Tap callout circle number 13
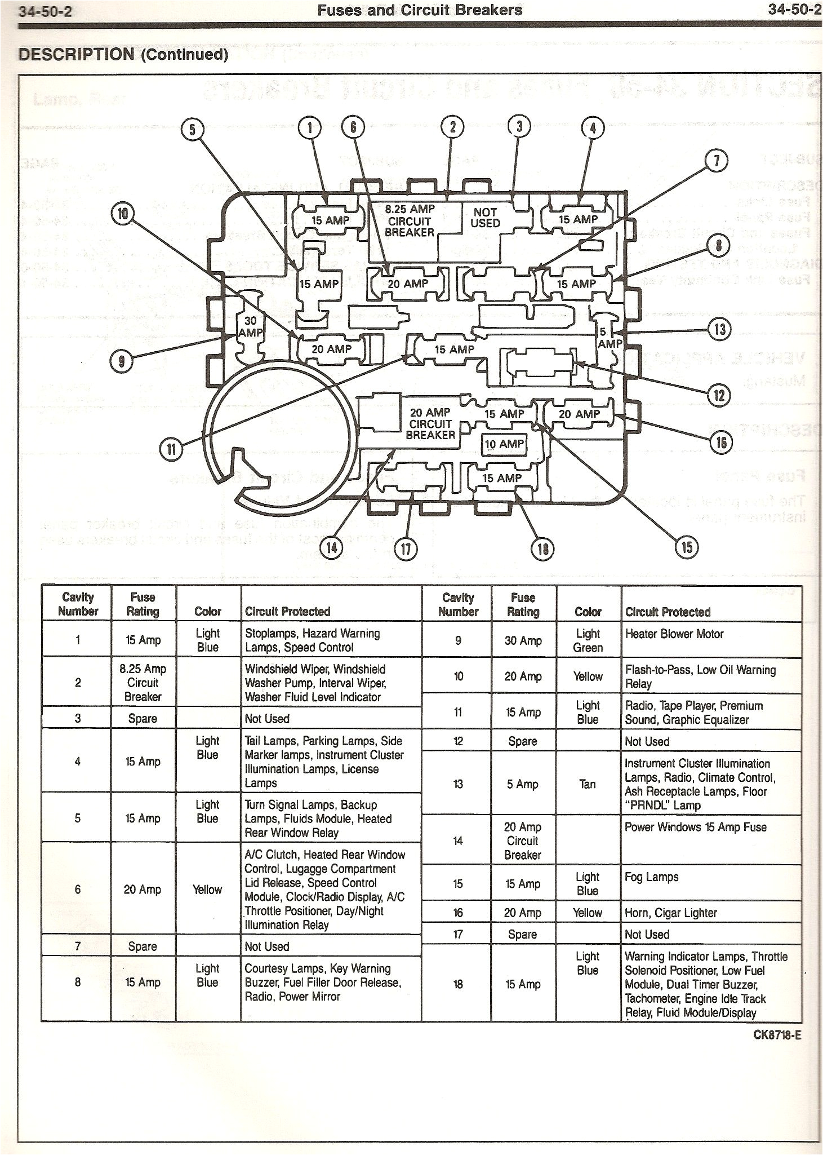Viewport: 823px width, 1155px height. pyautogui.click(x=720, y=329)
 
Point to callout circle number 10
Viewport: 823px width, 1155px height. pyautogui.click(x=123, y=214)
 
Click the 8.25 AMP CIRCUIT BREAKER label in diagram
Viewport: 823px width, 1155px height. pyautogui.click(x=410, y=221)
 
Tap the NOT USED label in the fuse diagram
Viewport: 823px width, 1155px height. pyautogui.click(x=485, y=218)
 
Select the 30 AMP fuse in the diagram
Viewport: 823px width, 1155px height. pyautogui.click(x=250, y=327)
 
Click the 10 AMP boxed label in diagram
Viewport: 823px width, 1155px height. pyautogui.click(x=504, y=444)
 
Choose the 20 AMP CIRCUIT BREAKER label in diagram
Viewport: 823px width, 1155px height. pyautogui.click(x=430, y=424)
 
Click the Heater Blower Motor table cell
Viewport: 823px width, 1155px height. pyautogui.click(x=674, y=634)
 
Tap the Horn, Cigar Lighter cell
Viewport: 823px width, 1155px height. pyautogui.click(x=671, y=913)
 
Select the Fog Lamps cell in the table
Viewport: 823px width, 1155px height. pyautogui.click(x=652, y=877)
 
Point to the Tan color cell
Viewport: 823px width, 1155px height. pyautogui.click(x=587, y=784)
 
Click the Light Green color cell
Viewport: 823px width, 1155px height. pyautogui.click(x=588, y=641)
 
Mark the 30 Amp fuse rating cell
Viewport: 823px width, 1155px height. pyautogui.click(x=523, y=641)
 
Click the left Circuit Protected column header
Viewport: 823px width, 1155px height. pyautogui.click(x=287, y=612)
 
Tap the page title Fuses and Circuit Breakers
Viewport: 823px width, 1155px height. pyautogui.click(x=420, y=10)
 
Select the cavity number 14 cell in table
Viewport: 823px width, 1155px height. pyautogui.click(x=457, y=841)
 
